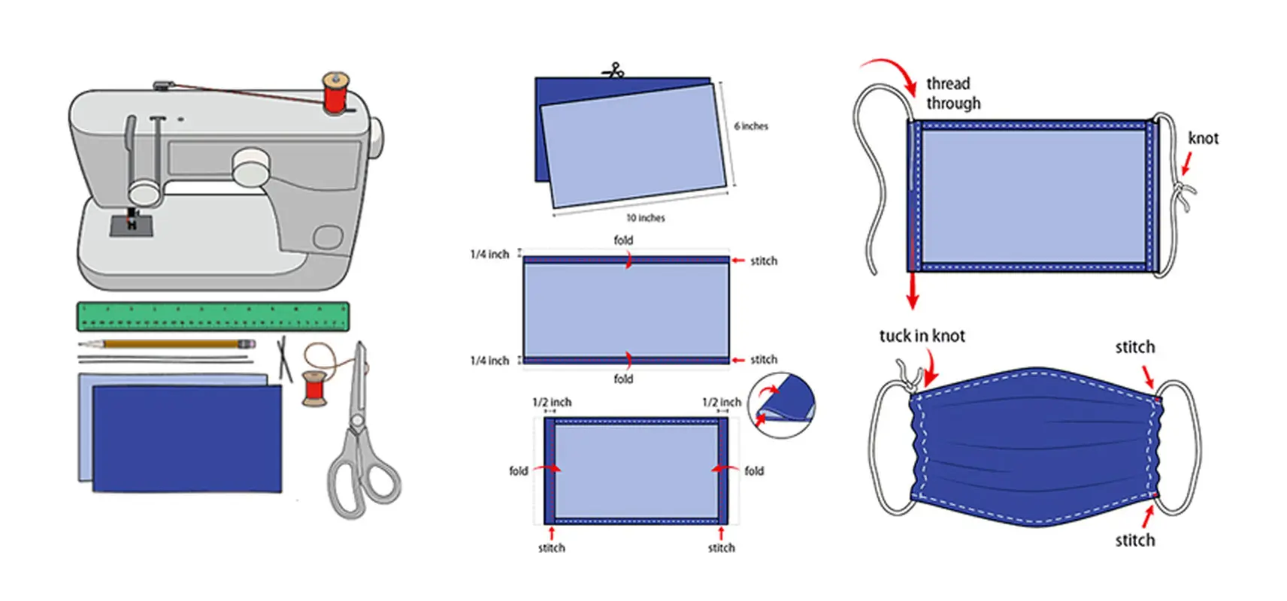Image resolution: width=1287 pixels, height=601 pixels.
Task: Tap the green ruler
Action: click(213, 316)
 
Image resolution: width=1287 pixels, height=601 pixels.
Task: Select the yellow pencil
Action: click(167, 344)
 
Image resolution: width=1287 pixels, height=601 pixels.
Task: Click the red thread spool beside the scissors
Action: click(314, 388)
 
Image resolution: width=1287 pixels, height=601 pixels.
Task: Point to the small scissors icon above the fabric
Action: click(613, 71)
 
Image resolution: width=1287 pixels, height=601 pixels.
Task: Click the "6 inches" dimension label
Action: click(751, 126)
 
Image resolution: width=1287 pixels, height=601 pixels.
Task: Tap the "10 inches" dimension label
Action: click(646, 218)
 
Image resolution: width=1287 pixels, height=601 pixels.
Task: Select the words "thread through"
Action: click(953, 93)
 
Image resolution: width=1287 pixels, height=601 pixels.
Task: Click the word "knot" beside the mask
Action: click(1203, 138)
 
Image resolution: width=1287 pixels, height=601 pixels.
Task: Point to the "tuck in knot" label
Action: click(922, 336)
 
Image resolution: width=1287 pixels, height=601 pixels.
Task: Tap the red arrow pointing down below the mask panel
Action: click(913, 289)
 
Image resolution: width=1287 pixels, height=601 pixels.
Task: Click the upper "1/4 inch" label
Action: click(489, 255)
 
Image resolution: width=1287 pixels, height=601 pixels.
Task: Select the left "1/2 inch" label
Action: click(552, 402)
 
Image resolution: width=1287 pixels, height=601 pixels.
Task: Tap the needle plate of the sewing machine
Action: click(132, 225)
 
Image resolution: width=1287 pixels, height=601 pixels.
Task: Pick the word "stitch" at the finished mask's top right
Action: click(1134, 347)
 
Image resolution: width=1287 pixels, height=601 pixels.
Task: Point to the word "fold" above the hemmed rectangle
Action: click(623, 240)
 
